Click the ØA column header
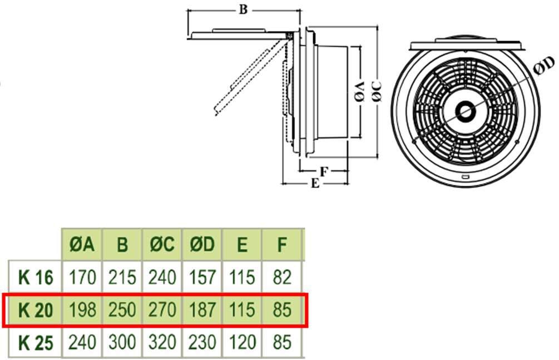pos(82,245)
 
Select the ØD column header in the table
pos(202,245)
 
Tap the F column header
pos(283,245)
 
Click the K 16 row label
pos(36,277)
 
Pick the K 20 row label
pos(36,309)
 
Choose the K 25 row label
pos(36,342)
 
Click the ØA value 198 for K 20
pos(82,309)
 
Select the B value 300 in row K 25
pos(122,342)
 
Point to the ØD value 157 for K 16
pos(202,277)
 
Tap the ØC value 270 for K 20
pos(162,309)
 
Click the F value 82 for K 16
pos(283,277)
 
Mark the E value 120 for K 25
pos(242,342)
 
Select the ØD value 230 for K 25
pos(202,342)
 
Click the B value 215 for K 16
pos(122,277)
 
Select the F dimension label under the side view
pos(323,171)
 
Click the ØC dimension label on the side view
pos(377,91)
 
